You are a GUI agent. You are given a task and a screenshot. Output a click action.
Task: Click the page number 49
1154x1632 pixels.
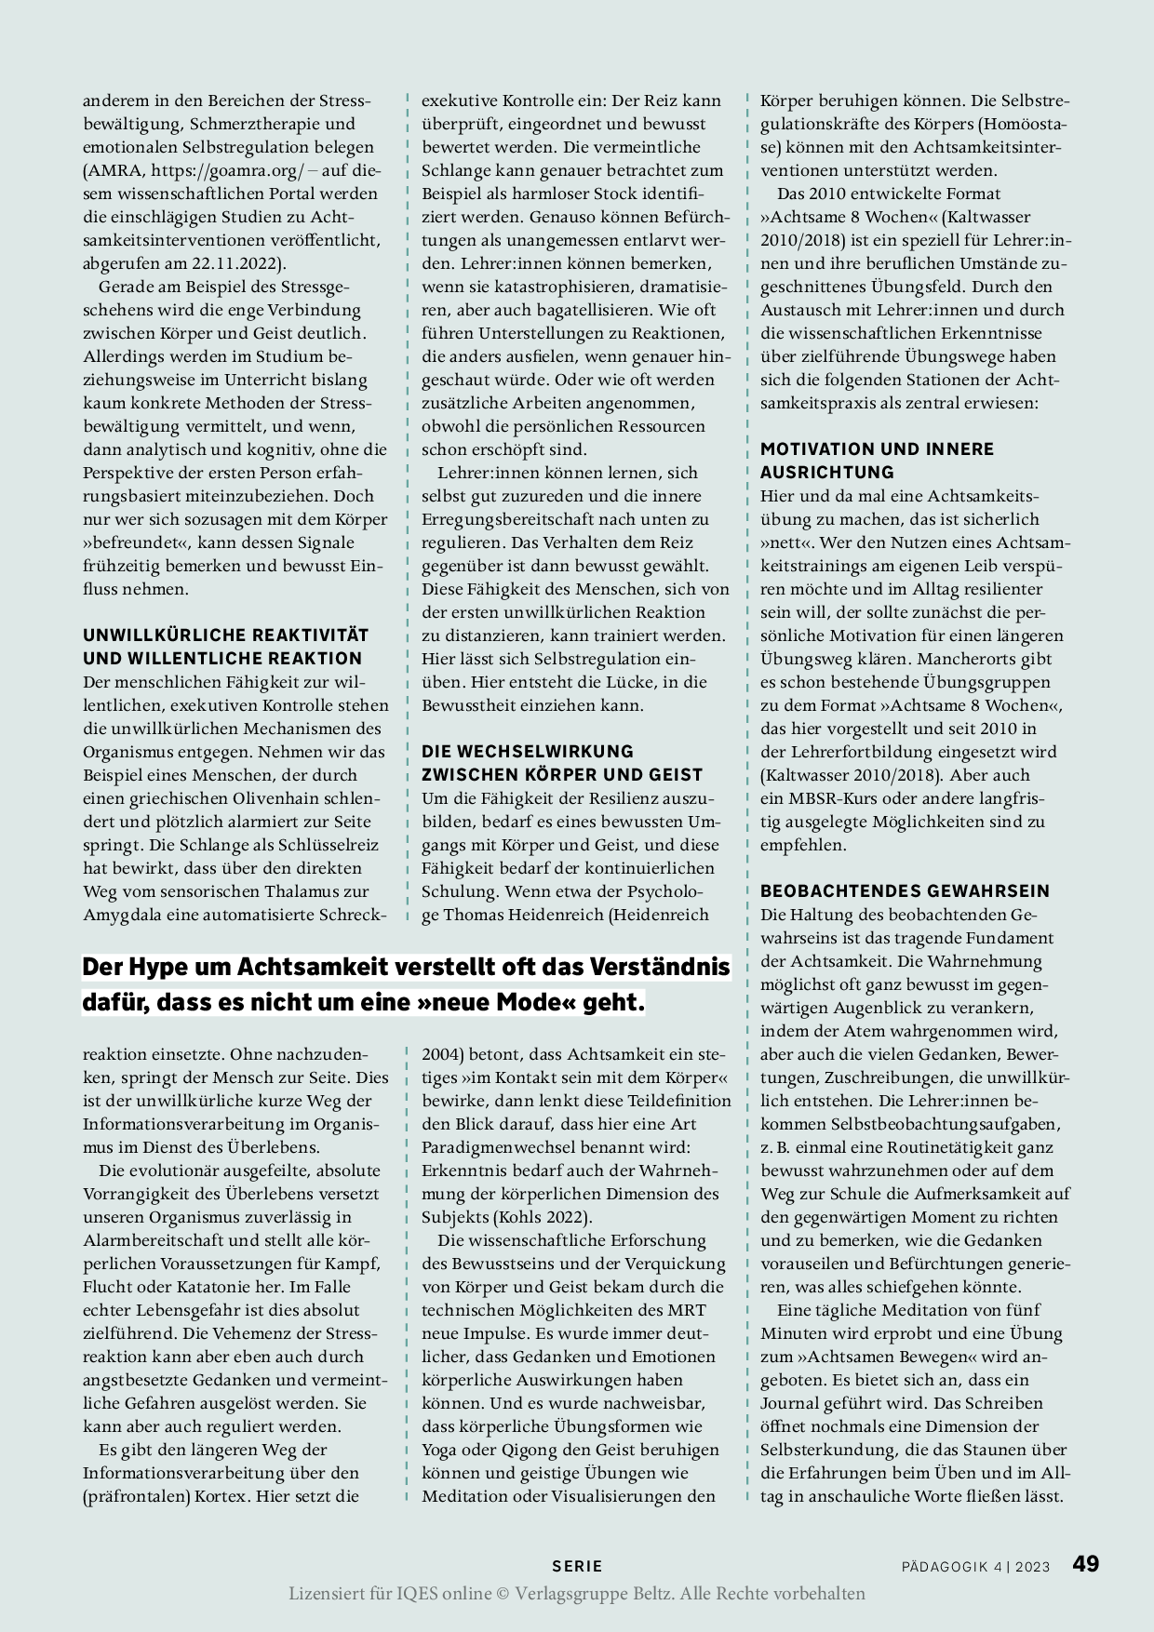coord(1086,1563)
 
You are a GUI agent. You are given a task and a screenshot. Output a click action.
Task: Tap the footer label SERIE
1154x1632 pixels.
coord(577,1566)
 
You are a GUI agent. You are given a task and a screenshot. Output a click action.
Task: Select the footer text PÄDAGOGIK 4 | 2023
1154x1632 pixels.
coord(975,1566)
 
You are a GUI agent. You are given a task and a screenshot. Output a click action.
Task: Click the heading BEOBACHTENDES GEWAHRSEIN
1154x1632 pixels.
coord(905,890)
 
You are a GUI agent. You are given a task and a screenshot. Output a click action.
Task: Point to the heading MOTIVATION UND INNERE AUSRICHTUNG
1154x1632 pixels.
coord(877,460)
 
